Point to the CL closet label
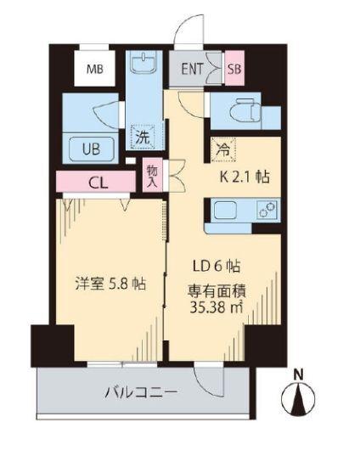point(98,183)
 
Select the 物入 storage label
point(153,176)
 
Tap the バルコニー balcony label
point(142,393)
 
